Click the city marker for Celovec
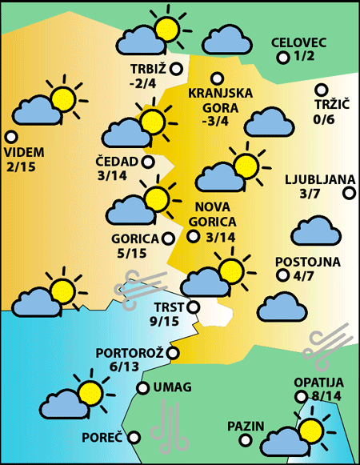click(282, 58)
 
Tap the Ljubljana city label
click(314, 178)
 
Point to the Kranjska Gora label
click(220, 100)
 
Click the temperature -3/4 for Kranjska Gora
click(215, 122)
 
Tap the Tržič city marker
click(321, 90)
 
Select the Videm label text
click(24, 152)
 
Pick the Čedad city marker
click(147, 162)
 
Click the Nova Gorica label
click(214, 214)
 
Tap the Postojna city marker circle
click(282, 275)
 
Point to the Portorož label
click(130, 352)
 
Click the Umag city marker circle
click(142, 388)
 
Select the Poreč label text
click(102, 438)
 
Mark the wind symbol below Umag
click(169, 426)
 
